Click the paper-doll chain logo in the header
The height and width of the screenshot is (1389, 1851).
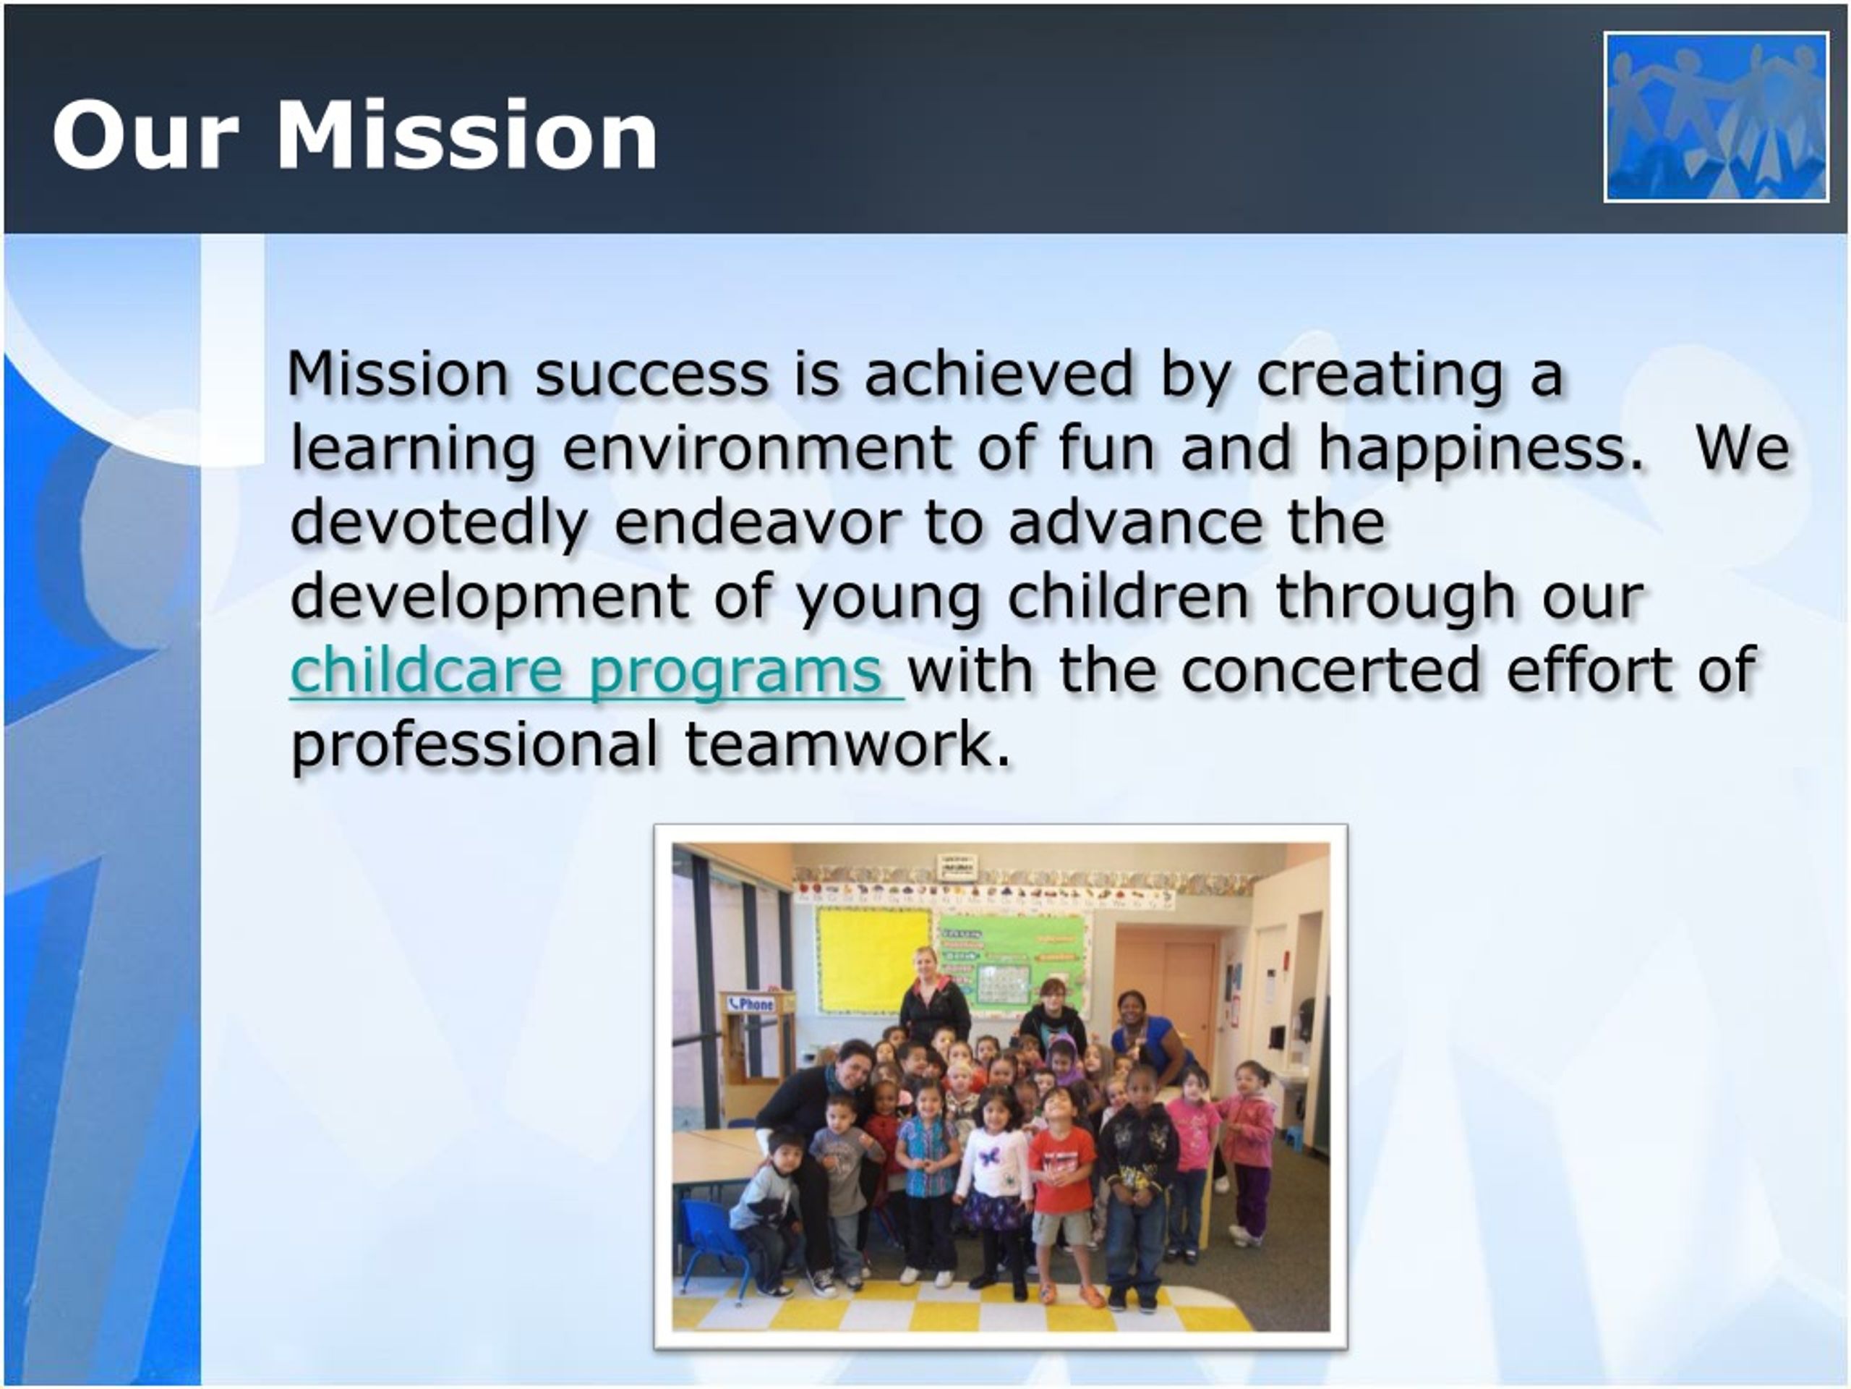pyautogui.click(x=1716, y=116)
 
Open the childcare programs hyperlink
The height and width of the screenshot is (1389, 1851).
pyautogui.click(x=597, y=671)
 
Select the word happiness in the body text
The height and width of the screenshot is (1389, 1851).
pyautogui.click(x=1480, y=449)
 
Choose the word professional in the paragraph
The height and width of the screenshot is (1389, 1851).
pyautogui.click(x=474, y=745)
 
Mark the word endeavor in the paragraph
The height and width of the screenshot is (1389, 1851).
pyautogui.click(x=757, y=522)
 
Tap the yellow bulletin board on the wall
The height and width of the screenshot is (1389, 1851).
pyautogui.click(x=873, y=959)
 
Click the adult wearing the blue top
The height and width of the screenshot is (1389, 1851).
pyautogui.click(x=1153, y=1035)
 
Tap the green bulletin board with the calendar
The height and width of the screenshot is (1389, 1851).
pyautogui.click(x=1012, y=963)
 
